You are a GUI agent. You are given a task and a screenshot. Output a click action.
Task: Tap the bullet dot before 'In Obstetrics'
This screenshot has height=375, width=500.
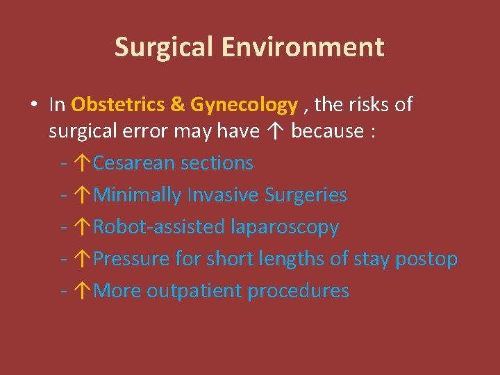pos(33,105)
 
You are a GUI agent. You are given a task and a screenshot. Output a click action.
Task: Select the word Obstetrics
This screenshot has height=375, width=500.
pos(117,105)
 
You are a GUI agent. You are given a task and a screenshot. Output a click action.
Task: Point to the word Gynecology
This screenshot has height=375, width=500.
pos(244,105)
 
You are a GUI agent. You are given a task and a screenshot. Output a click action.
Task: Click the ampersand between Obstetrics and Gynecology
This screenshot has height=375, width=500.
pos(177,105)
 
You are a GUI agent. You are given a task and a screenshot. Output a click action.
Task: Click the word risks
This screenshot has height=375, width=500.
pos(369,105)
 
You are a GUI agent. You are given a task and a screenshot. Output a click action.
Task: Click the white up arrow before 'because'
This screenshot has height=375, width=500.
pos(275,131)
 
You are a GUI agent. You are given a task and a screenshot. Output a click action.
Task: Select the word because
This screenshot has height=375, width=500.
pos(328,131)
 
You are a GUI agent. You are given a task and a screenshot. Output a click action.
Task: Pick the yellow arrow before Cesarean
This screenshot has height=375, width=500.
pos(83,163)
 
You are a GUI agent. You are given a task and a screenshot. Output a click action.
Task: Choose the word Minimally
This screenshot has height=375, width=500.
pos(137,195)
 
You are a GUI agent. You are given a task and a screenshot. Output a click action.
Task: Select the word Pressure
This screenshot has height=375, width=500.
pos(132,259)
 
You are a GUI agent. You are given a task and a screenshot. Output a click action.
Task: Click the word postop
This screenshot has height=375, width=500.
pos(426,259)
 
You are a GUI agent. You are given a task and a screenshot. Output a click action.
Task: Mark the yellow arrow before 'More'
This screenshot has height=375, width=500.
pos(83,291)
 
